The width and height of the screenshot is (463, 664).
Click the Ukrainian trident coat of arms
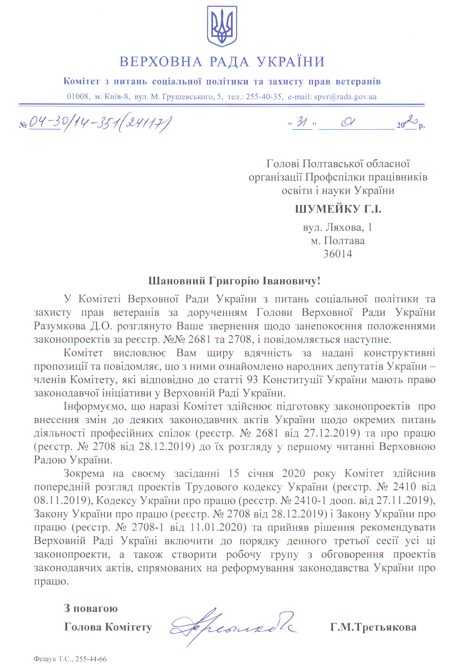[222, 26]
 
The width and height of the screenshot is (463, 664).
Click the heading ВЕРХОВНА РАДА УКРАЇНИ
[222, 62]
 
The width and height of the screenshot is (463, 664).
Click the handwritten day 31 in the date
[302, 123]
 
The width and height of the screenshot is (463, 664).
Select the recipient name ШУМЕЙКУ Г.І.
[338, 209]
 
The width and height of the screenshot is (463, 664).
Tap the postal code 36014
[338, 254]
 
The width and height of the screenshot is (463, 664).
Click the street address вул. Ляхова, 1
[337, 227]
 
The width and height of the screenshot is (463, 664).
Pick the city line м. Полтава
[338, 241]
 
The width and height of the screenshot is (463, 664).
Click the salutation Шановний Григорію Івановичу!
[234, 281]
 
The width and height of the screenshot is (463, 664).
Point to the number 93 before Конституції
[252, 380]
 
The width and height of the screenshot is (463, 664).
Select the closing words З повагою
[91, 609]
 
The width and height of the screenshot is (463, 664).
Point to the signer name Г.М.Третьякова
[373, 627]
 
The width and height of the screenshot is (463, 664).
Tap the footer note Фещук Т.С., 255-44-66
[70, 659]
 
